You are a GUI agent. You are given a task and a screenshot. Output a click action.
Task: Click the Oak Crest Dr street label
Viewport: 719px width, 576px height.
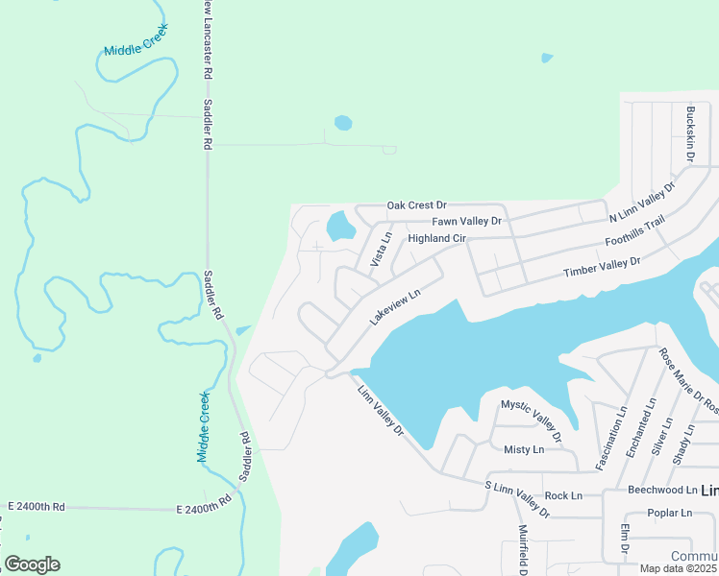click(417, 205)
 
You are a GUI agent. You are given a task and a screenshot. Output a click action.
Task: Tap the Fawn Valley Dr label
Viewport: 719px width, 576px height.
click(467, 221)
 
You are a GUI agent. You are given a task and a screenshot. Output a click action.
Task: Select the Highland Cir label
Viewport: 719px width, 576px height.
click(436, 238)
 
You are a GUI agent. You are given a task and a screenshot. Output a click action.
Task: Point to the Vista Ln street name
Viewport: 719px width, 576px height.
click(380, 249)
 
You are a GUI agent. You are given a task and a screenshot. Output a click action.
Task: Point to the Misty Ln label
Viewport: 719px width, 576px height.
click(524, 449)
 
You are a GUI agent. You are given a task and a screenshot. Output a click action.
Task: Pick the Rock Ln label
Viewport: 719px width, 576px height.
click(563, 496)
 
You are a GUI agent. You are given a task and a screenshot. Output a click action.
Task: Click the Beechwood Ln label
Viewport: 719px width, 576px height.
click(661, 490)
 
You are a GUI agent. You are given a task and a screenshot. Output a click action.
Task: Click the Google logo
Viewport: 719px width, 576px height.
click(32, 564)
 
